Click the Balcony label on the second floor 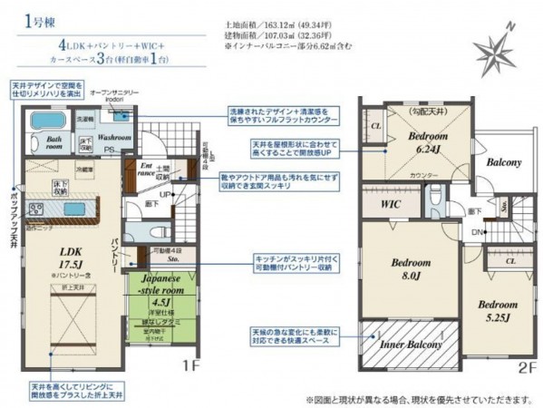point(503,162)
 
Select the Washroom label point(114,138)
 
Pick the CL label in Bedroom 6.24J point(375,126)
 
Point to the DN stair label point(475,232)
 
